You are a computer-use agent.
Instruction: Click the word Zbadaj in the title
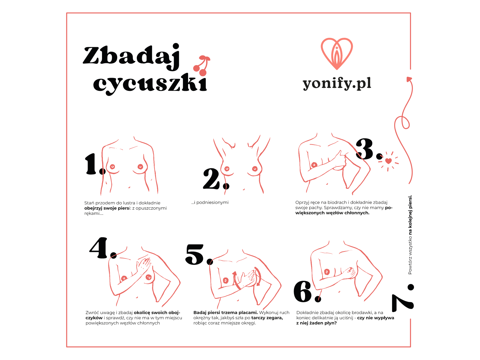[x=131, y=56]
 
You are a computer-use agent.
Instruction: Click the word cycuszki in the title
[x=150, y=84]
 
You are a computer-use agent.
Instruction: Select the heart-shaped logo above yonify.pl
[x=337, y=54]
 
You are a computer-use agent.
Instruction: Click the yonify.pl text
[x=337, y=83]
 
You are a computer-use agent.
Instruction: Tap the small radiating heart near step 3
[x=388, y=161]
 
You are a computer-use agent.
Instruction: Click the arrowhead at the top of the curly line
[x=409, y=79]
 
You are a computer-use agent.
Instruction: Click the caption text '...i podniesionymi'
[x=210, y=202]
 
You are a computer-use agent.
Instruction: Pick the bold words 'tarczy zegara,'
[x=267, y=318]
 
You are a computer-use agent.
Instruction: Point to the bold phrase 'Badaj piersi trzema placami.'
[x=226, y=313]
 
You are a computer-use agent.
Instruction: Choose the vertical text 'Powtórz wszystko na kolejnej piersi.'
[x=410, y=235]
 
